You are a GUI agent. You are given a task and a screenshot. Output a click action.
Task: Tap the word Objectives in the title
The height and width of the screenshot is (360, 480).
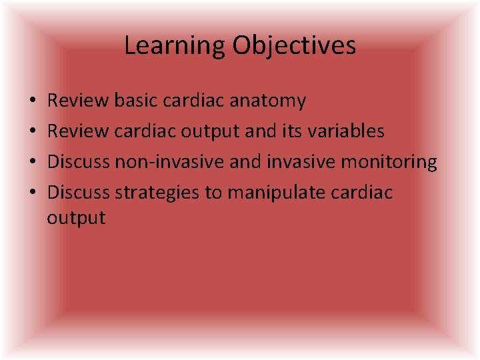[x=294, y=46]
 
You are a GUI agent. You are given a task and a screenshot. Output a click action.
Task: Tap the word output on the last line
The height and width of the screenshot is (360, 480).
[x=76, y=218]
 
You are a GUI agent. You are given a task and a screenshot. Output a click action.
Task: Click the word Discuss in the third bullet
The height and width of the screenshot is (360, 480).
[x=79, y=161]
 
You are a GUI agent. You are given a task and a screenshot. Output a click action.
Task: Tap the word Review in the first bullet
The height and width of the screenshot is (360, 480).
[x=78, y=101]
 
